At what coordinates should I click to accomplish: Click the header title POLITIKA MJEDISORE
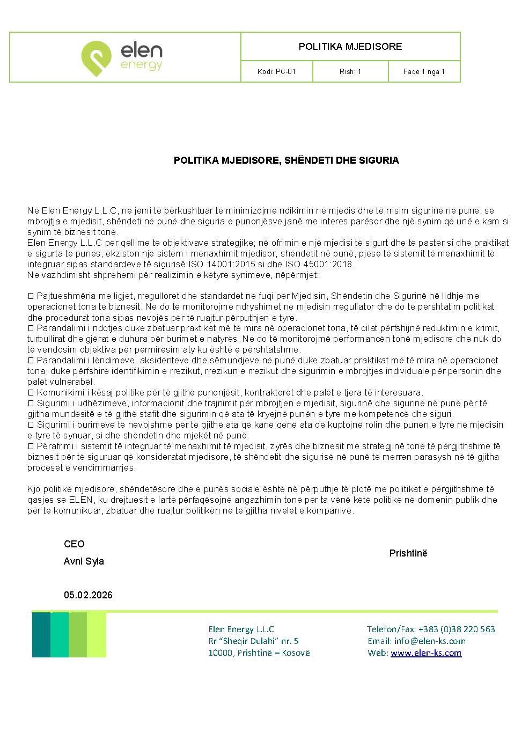tap(350, 47)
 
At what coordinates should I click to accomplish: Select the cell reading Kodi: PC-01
tap(276, 71)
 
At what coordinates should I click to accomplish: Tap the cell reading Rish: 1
tap(350, 71)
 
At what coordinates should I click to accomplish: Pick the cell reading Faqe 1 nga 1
tap(424, 71)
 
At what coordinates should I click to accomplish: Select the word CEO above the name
tap(74, 544)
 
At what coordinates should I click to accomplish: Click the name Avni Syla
tap(84, 561)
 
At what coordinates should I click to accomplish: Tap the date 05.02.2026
tap(88, 595)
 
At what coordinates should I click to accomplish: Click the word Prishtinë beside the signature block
tap(408, 553)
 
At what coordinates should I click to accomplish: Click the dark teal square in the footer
tap(41, 635)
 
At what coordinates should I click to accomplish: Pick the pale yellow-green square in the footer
tap(97, 635)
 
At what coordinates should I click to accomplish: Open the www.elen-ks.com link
tap(426, 653)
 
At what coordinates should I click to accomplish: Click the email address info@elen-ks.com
tap(429, 641)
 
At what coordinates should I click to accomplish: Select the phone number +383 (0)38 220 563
tap(457, 629)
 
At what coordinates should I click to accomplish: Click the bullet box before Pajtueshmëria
tap(31, 296)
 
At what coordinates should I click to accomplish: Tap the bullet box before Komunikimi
tap(31, 393)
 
